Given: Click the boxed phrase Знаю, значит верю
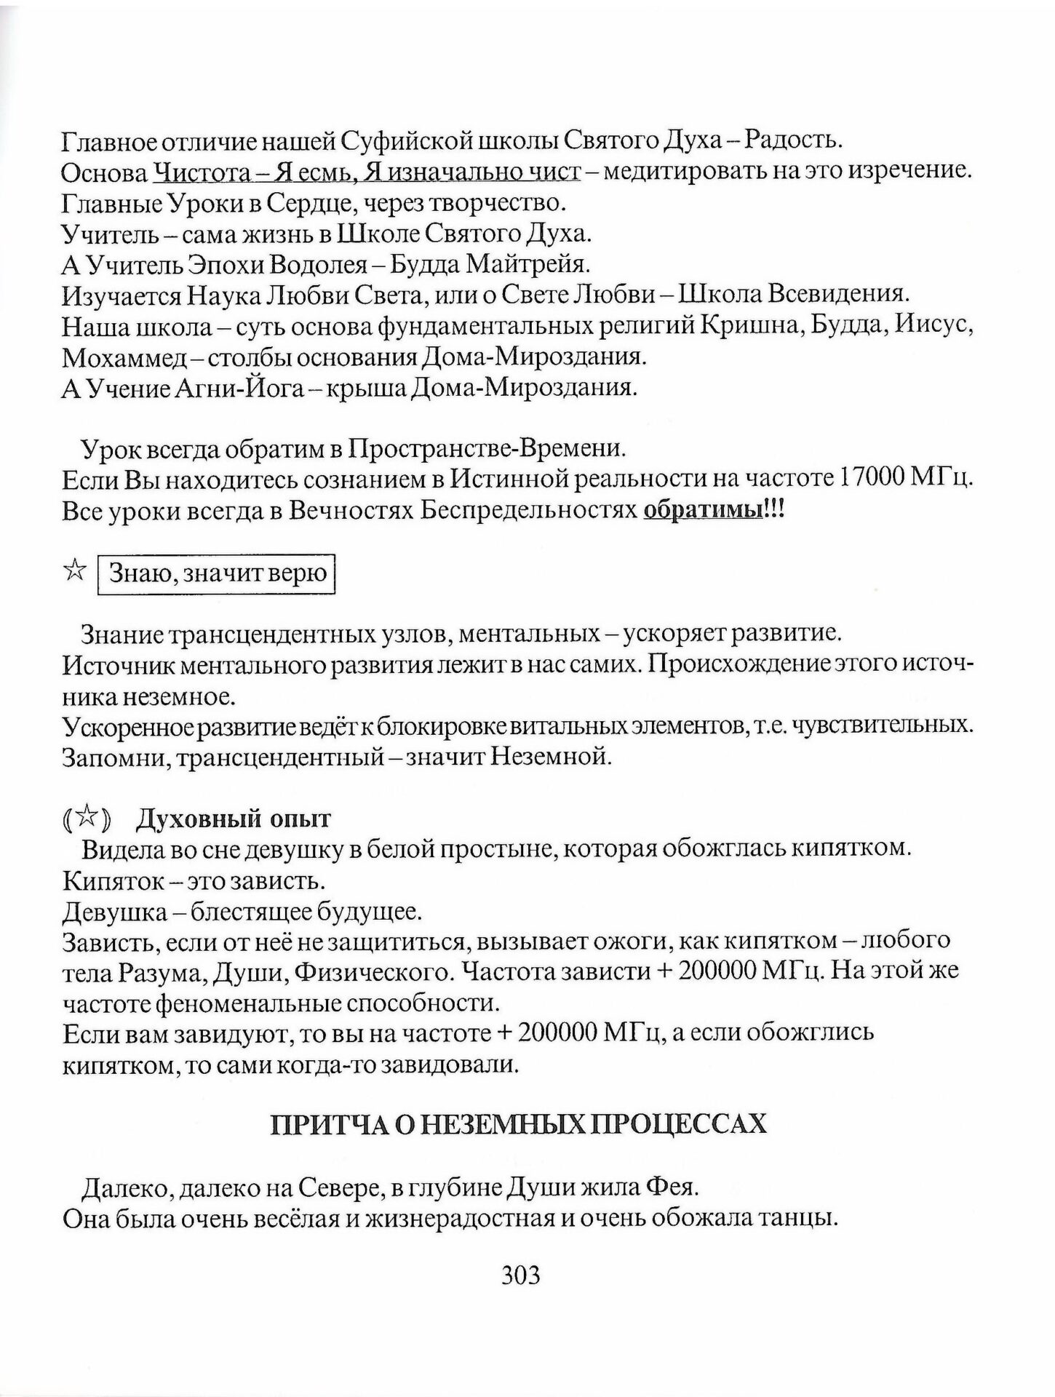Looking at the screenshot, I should coord(217,574).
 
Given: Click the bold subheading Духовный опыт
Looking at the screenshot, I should coord(233,819).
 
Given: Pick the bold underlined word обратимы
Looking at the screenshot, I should coord(703,511).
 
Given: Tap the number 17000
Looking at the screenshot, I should coord(872,479).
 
